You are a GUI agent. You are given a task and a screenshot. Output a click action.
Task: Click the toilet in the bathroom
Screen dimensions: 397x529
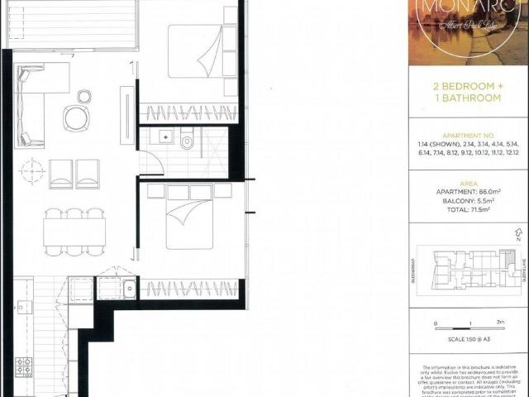tap(187, 142)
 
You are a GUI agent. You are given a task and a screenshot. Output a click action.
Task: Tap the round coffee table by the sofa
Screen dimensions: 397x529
tap(75, 118)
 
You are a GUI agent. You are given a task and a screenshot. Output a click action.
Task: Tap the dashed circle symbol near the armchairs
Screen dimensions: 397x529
tap(32, 172)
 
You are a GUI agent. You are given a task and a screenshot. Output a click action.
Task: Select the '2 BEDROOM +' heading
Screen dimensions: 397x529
tap(466, 86)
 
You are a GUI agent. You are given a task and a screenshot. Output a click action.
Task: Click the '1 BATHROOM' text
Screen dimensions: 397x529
tap(466, 98)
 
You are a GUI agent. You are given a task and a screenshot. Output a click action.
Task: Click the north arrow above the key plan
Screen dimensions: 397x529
tap(518, 235)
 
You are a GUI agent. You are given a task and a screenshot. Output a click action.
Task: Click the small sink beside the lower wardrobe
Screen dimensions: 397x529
tap(129, 289)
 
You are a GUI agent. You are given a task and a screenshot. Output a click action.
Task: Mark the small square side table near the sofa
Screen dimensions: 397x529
tap(83, 97)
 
